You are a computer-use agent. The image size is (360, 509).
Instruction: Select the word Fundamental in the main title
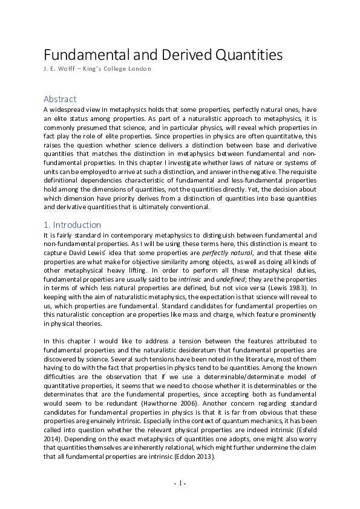[82, 56]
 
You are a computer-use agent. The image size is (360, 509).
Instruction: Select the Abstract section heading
[60, 99]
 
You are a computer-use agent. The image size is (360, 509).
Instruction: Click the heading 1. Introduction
[72, 225]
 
